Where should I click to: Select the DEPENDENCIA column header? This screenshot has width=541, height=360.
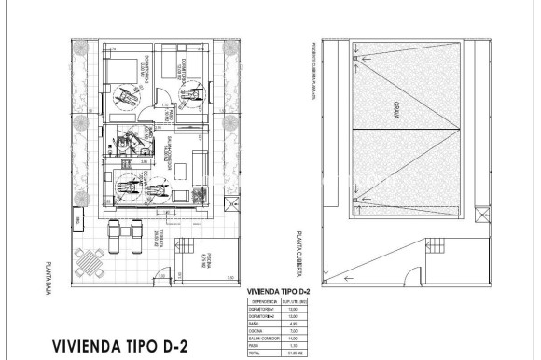[264, 301]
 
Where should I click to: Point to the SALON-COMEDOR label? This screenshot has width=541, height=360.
[169, 147]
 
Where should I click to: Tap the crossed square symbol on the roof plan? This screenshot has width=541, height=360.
[481, 217]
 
